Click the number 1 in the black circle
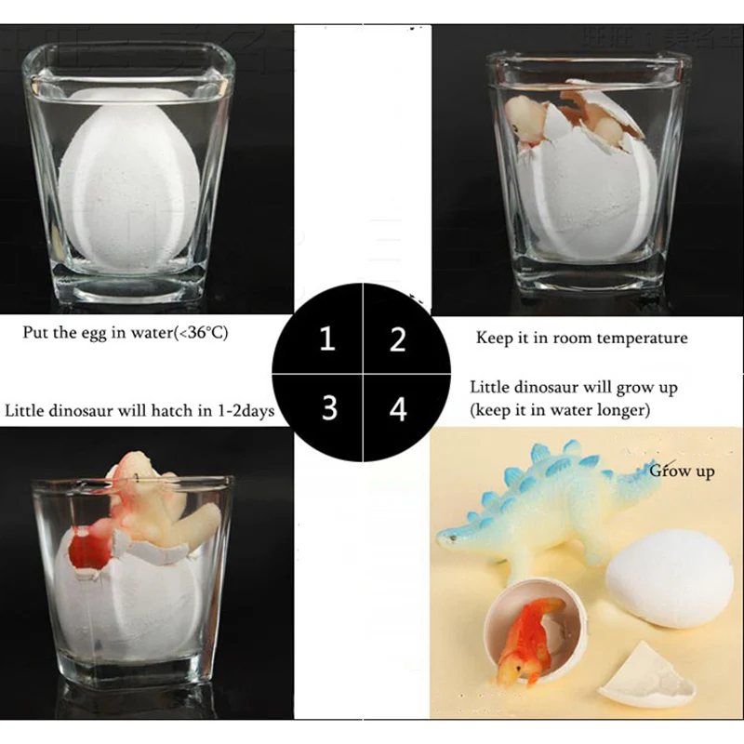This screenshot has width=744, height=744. click(326, 339)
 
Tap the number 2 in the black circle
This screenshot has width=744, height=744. click(398, 339)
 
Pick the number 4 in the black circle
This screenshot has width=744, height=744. click(398, 408)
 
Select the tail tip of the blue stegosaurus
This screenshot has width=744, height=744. click(651, 468)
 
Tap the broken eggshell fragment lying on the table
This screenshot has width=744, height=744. click(647, 684)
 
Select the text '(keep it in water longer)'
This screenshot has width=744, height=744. click(557, 408)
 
